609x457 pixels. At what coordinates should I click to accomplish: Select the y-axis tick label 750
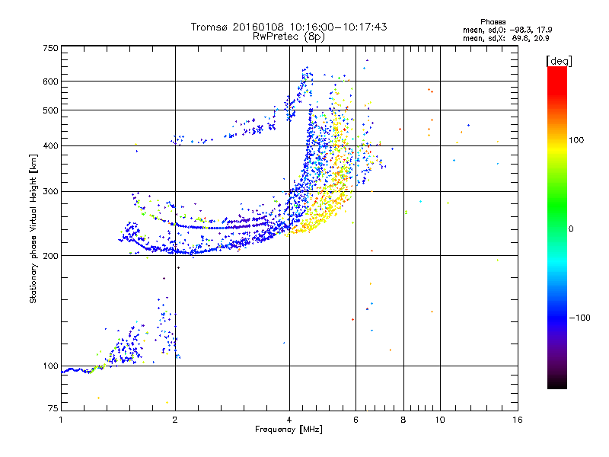coord(50,47)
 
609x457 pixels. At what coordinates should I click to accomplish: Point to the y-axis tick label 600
coord(50,81)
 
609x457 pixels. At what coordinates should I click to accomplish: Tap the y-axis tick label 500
coord(50,110)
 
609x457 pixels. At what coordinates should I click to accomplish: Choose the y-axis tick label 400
coord(50,145)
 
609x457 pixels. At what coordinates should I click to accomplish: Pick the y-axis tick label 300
coord(50,191)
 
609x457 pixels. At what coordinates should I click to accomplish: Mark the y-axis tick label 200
coord(50,255)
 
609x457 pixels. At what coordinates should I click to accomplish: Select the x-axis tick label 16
coord(517,420)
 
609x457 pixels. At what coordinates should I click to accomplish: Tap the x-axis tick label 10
coord(439,420)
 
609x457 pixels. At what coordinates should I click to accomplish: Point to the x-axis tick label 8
coord(403,420)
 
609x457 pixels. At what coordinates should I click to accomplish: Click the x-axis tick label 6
coord(356,420)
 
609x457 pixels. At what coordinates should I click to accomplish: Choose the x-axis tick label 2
coord(175,420)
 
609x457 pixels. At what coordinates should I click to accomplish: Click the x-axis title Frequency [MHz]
coord(289,430)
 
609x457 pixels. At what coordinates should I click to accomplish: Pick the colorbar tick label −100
coord(583,318)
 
